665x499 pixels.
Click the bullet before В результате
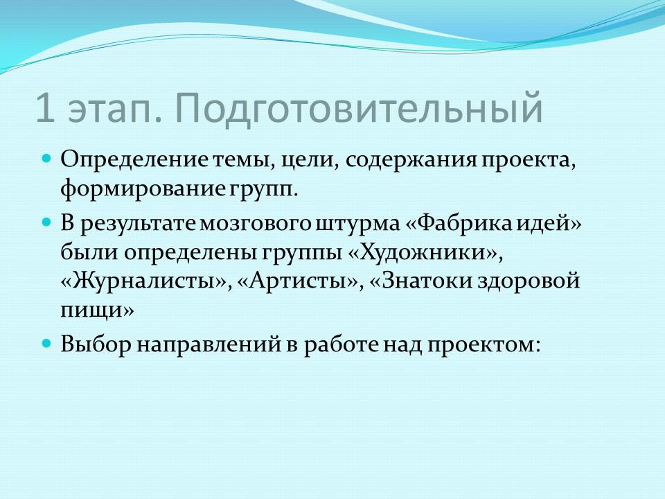point(47,222)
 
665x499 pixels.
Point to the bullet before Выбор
point(47,343)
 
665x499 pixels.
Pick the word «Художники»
point(422,253)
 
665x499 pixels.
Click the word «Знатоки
point(420,281)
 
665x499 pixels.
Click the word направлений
point(209,344)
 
